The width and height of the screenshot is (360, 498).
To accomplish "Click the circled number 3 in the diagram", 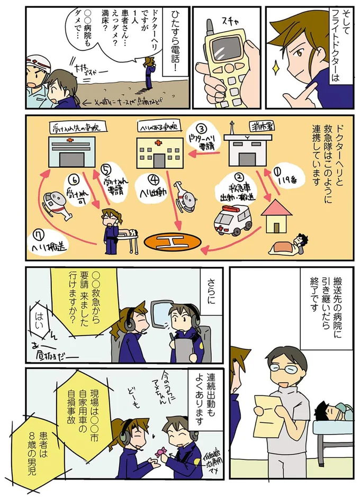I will (x=201, y=129).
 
